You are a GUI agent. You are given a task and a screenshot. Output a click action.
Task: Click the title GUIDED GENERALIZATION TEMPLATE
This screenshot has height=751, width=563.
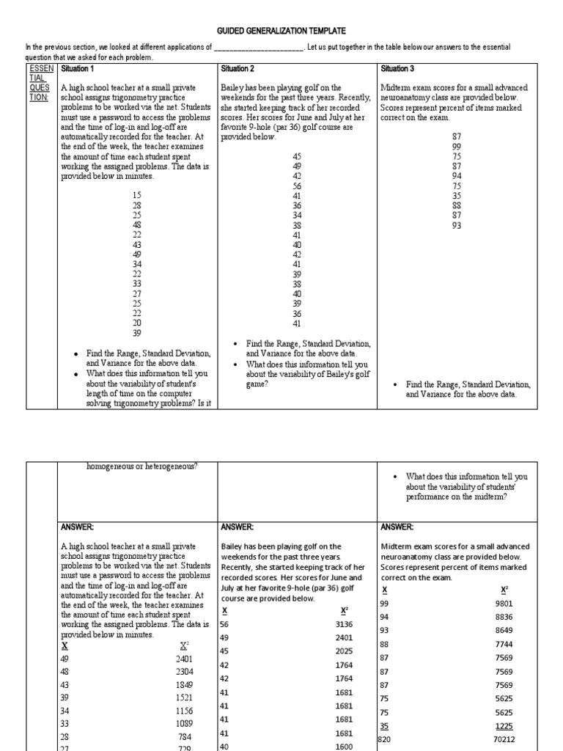(281, 30)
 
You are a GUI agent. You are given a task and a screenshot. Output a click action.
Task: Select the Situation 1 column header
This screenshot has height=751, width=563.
(78, 69)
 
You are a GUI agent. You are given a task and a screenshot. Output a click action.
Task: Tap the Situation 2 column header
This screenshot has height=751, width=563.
(238, 69)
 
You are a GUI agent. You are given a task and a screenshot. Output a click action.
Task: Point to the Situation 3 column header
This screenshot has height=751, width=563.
(397, 69)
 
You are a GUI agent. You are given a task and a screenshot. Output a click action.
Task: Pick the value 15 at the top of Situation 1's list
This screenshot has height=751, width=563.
(137, 195)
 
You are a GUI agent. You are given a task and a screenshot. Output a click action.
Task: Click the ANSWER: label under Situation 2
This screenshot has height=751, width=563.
(237, 527)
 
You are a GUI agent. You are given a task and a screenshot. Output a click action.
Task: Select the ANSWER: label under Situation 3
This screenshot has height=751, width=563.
(397, 527)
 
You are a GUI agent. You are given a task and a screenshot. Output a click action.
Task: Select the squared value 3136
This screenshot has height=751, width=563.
(344, 624)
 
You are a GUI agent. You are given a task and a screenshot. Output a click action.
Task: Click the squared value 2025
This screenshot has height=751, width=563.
(344, 651)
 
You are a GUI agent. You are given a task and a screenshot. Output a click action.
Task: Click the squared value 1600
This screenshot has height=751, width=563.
(344, 747)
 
